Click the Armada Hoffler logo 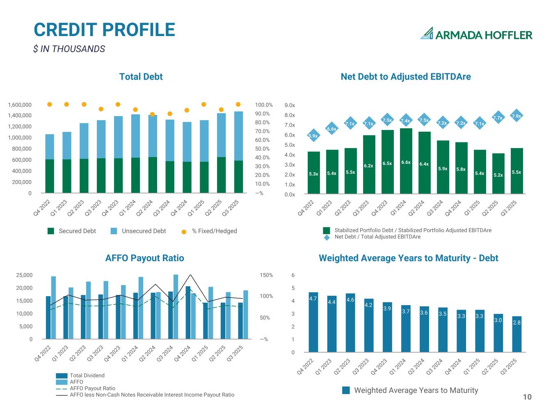(476, 34)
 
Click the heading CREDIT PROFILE (104, 30)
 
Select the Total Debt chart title (141, 77)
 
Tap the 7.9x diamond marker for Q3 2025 (517, 116)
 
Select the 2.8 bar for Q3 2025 (517, 334)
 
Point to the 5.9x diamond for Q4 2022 (313, 136)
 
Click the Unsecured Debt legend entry (139, 231)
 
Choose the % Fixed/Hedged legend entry (210, 231)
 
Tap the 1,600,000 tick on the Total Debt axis (20, 105)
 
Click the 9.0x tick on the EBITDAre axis (290, 105)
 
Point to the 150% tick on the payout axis (266, 275)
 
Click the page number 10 (527, 397)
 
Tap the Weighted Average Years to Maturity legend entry (410, 390)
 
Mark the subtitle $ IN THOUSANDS (69, 49)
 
